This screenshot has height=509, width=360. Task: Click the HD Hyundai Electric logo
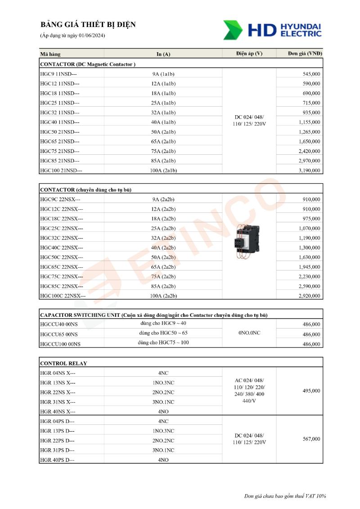[x=273, y=30]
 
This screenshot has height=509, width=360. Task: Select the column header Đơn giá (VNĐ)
[x=305, y=54]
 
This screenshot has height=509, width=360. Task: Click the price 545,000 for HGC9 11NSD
[x=311, y=74]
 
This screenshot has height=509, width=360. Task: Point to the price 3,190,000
[x=309, y=171]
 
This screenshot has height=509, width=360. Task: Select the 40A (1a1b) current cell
[x=163, y=122]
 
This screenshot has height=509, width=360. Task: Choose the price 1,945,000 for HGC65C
[x=309, y=267]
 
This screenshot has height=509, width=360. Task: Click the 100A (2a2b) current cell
[x=163, y=296]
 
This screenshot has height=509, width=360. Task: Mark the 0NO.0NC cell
[x=249, y=333]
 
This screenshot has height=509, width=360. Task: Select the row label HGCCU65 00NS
[x=59, y=334]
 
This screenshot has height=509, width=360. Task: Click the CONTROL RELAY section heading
[x=63, y=363]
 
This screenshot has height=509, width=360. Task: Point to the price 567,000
[x=311, y=439]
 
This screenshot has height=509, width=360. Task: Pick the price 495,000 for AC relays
[x=311, y=391]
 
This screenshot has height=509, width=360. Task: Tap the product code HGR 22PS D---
[x=58, y=441]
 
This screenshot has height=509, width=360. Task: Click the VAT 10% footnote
[x=285, y=496]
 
